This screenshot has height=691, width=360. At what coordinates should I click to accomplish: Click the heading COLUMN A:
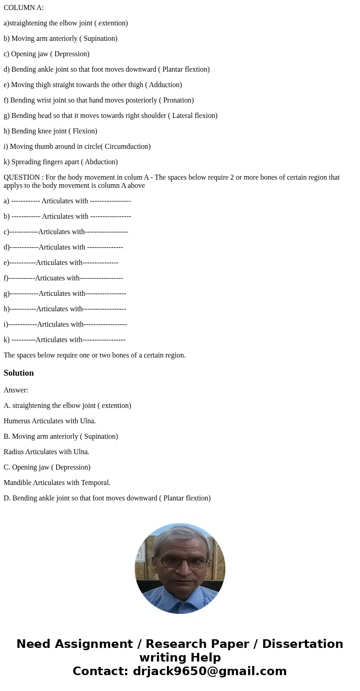24,8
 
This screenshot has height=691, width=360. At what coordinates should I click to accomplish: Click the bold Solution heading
19,373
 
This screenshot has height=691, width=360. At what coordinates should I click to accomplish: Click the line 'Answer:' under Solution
16,390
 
